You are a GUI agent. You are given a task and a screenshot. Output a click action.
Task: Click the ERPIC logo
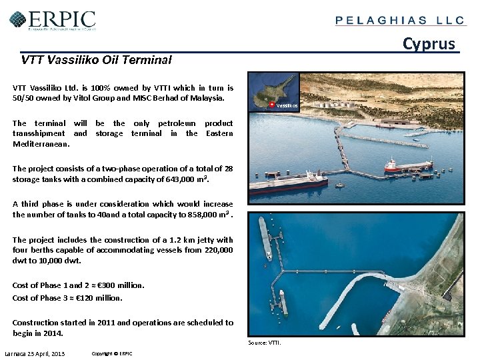pos(53,20)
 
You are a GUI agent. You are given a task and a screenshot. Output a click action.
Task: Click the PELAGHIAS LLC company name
pos(400,20)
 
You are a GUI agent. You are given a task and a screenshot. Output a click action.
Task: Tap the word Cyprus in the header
pos(429,44)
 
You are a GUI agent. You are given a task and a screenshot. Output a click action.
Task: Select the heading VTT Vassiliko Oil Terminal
pos(96,60)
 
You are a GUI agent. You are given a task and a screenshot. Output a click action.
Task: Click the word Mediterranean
pos(41,143)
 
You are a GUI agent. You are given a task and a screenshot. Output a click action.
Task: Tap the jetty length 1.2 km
pos(182,240)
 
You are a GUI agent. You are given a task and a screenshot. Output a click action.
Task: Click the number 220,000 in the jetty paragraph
pos(215,250)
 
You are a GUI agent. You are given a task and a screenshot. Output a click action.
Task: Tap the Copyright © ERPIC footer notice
pos(112,353)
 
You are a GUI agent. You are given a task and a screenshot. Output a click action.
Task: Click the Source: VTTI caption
pos(265,343)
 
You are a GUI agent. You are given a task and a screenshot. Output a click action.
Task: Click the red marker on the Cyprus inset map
pos(272,105)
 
